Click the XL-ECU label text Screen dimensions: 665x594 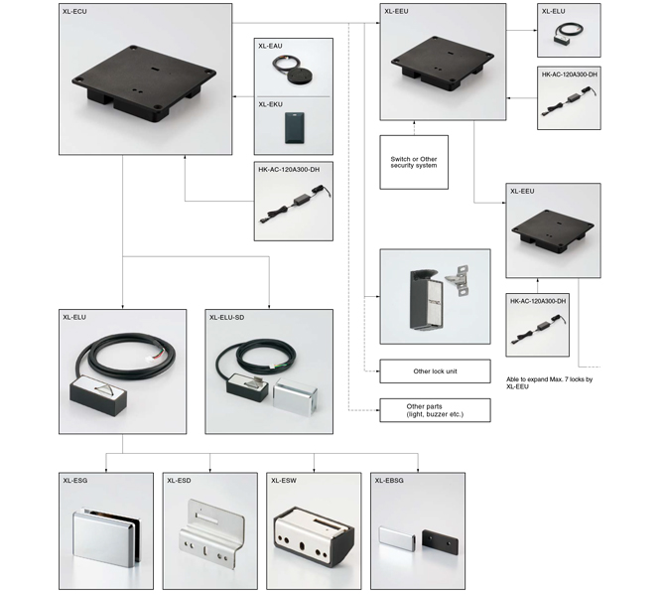point(74,12)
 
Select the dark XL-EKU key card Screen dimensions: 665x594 point(295,127)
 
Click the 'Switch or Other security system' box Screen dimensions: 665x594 point(414,162)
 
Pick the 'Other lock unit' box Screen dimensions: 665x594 point(435,371)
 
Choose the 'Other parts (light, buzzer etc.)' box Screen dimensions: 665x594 point(435,410)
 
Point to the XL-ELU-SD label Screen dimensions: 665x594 point(227,317)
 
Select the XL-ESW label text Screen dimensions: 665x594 point(284,480)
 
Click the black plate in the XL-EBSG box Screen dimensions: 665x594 point(441,544)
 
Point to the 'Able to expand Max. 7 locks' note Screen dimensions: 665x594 point(549,383)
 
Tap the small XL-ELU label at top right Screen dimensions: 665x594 point(554,12)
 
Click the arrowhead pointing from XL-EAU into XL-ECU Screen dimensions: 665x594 point(234,96)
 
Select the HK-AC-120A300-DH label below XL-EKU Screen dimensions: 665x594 point(289,170)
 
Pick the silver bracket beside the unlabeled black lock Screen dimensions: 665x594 point(458,280)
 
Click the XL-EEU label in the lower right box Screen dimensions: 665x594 point(522,191)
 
